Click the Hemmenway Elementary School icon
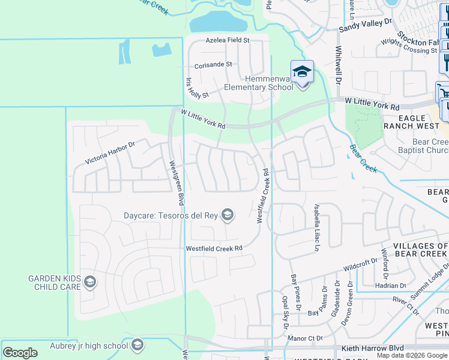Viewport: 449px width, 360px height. (x=302, y=72)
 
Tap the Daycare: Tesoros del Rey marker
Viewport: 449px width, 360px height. (x=227, y=214)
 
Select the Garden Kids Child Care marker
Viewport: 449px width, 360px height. (x=89, y=282)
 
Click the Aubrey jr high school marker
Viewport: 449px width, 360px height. (x=137, y=345)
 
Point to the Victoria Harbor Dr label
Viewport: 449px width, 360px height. (x=110, y=152)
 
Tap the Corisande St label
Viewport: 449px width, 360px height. (x=212, y=64)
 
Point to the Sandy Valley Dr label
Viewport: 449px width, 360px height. (x=365, y=24)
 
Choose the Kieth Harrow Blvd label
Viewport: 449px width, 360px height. (x=372, y=348)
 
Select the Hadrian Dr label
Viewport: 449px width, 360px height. (x=394, y=286)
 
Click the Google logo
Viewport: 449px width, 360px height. (x=20, y=352)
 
